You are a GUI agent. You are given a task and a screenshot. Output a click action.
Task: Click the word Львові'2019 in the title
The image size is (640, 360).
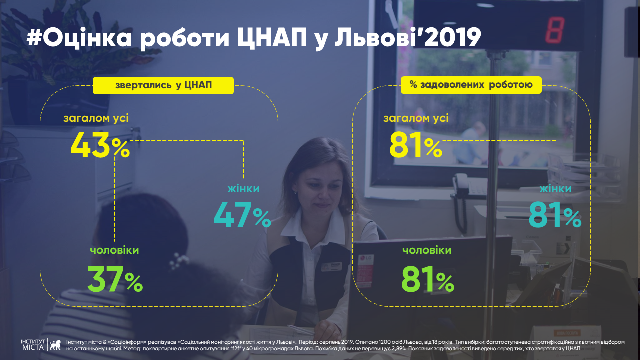coord(408,37)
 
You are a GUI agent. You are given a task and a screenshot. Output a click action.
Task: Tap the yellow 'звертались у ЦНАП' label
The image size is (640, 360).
coord(163,85)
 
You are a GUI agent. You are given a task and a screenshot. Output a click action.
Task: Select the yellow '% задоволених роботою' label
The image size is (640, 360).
coord(471,85)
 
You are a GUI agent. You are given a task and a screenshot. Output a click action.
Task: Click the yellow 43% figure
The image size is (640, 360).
coord(100,145)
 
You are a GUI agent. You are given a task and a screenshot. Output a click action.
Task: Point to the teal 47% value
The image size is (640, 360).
coord(242,215)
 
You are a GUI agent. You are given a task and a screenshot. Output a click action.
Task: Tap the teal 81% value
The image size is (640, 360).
coord(555,215)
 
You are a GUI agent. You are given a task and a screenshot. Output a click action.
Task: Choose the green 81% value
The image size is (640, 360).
coord(427,279)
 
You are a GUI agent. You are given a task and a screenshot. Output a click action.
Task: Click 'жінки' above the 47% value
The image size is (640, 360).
coord(243,189)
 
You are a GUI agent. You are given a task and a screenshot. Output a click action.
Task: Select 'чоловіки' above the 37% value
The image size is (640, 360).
coord(114,250)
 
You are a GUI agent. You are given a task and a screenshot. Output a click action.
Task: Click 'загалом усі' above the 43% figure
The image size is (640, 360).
coord(96,118)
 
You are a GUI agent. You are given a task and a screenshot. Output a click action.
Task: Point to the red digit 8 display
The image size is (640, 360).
coord(555,30)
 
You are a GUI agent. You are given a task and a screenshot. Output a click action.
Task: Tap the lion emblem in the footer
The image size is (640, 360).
coord(55,345)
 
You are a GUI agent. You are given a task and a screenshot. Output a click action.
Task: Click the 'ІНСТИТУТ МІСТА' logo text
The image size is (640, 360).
coord(33,345)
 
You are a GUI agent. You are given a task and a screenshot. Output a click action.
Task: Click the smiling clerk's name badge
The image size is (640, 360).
coord(331,267)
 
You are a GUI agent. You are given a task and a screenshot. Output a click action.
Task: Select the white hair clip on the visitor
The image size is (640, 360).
coord(179,261)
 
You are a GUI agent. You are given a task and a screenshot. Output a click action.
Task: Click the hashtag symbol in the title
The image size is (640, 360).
coord(34,38)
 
